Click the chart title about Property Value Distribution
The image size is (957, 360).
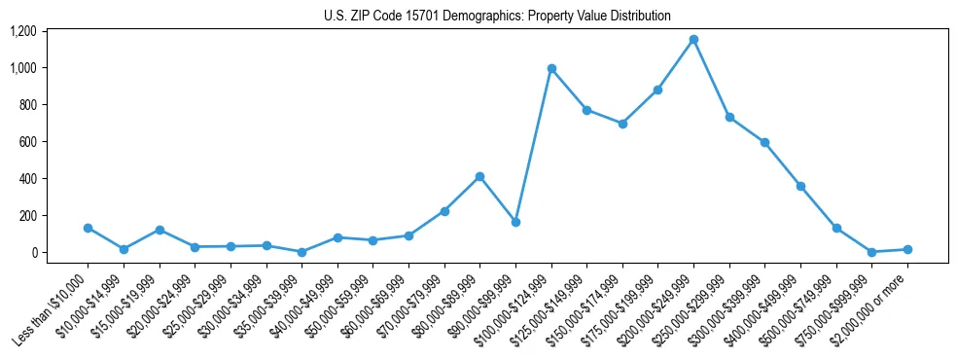pyautogui.click(x=497, y=17)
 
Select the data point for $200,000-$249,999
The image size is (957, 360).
pyautogui.click(x=693, y=40)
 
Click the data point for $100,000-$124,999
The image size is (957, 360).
pyautogui.click(x=551, y=69)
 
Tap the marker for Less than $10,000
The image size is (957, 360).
pyautogui.click(x=88, y=228)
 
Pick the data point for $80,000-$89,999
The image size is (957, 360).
pyautogui.click(x=479, y=176)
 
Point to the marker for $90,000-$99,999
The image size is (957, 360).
pyautogui.click(x=515, y=222)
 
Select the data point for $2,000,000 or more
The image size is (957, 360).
pyautogui.click(x=907, y=249)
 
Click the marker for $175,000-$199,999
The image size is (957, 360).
pyautogui.click(x=658, y=90)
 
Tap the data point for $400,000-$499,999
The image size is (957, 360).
pyautogui.click(x=800, y=186)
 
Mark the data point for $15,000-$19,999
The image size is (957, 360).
pyautogui.click(x=159, y=230)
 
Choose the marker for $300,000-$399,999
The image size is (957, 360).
pyautogui.click(x=765, y=142)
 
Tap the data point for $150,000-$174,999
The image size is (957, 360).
pyautogui.click(x=622, y=124)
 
